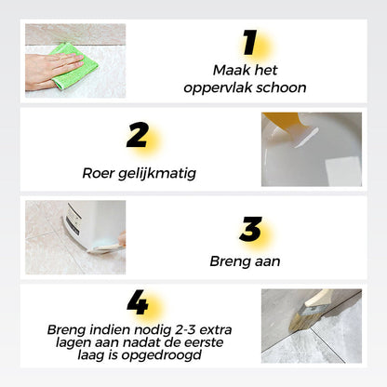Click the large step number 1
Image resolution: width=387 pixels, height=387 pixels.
point(248,43)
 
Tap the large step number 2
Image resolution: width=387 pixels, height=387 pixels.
point(138,136)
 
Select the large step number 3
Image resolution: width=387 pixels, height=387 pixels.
point(249,228)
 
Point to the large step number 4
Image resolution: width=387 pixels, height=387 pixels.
point(138,303)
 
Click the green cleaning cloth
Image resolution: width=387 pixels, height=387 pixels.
point(74,63)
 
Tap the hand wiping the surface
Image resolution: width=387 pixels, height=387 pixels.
point(47,71)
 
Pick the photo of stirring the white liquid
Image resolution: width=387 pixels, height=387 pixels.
point(312,149)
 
